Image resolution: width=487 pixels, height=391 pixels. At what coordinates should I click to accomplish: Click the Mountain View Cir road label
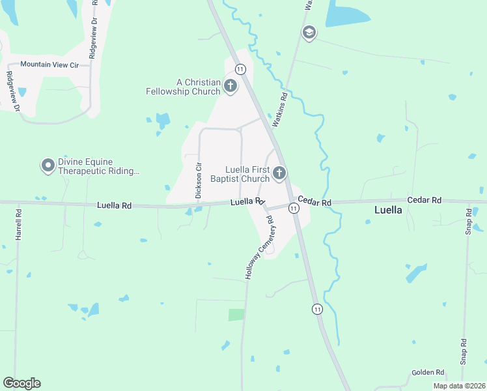[x=49, y=65]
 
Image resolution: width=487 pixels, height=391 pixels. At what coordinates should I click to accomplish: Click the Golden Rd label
[x=428, y=373]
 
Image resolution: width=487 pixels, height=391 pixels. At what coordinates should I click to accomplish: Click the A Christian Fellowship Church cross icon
[x=230, y=85]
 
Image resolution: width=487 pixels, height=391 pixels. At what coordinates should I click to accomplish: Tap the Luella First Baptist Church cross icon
[x=279, y=173]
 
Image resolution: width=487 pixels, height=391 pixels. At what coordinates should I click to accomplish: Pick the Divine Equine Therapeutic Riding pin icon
[x=48, y=166]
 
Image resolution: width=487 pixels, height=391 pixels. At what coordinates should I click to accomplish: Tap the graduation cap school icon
[x=309, y=33]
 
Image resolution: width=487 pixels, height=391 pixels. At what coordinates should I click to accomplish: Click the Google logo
[x=21, y=383]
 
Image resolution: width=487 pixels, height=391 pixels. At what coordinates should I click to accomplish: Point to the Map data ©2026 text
[x=458, y=386]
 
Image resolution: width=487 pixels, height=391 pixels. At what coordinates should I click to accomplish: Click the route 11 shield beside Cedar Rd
[x=294, y=208]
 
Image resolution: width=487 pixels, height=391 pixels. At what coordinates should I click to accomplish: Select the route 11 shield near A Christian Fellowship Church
[x=241, y=69]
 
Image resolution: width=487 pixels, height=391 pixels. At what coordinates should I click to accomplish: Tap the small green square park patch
[x=236, y=314]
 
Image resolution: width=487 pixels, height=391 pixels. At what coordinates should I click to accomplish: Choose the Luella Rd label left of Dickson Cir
[x=114, y=205]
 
